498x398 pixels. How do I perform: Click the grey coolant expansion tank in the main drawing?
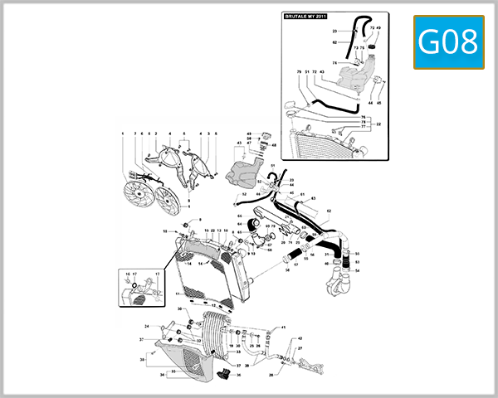240,174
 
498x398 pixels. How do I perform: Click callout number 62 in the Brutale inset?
334,41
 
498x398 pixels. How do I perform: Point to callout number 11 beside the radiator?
178,294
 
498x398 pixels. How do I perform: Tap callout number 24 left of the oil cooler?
148,326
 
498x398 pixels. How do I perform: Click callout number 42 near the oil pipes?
300,338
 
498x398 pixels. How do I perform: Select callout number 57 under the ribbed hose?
295,264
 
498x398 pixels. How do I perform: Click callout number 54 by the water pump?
357,270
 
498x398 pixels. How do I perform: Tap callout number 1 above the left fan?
122,133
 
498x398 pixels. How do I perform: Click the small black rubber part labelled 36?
223,373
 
